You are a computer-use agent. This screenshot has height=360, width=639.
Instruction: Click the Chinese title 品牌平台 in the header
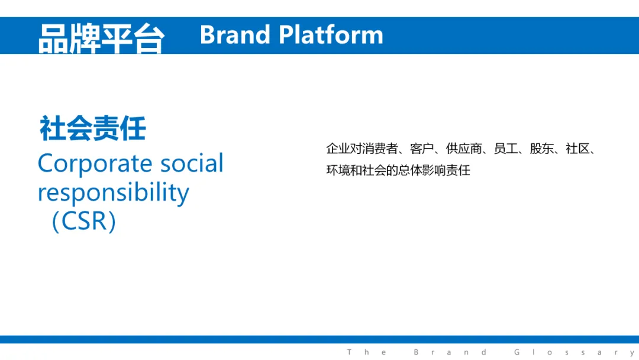[102, 38]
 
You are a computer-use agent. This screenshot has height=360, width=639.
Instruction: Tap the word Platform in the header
[331, 35]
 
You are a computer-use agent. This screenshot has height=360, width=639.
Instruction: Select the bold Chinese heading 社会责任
[92, 128]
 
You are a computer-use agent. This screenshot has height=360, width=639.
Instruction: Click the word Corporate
[95, 164]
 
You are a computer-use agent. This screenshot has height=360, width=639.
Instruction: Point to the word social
[192, 163]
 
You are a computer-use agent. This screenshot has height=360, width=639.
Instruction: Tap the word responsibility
[113, 192]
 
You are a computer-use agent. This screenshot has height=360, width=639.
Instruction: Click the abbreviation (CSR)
[84, 221]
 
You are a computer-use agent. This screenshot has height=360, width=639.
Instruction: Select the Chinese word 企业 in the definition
[338, 149]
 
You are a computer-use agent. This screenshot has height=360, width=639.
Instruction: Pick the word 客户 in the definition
[422, 149]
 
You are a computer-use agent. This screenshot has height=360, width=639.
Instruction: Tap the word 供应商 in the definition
[464, 149]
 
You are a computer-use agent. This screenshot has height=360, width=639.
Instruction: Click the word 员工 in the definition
[506, 149]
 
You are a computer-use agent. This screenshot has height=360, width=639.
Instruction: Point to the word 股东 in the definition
[541, 149]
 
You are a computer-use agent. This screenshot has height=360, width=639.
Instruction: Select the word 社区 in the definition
[577, 149]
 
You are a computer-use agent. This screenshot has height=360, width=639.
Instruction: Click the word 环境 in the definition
[338, 170]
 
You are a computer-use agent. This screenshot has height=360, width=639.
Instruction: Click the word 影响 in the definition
[434, 170]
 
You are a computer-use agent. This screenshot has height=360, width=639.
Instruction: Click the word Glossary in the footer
[575, 352]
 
